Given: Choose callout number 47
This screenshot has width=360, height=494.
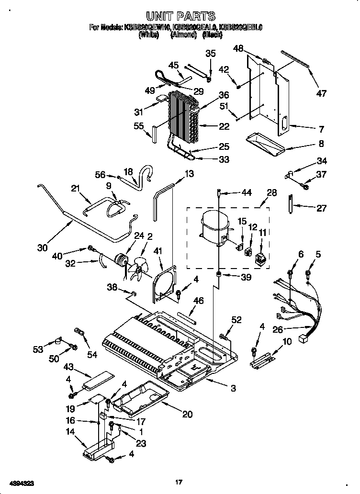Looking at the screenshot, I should [x=321, y=93].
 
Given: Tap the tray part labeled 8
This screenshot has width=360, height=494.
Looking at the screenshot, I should [x=265, y=143].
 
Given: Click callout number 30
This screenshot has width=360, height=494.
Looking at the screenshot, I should [x=43, y=248].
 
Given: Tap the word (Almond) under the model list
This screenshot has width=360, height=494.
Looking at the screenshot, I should [x=184, y=34].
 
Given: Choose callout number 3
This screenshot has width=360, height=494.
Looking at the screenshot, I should [x=233, y=388].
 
